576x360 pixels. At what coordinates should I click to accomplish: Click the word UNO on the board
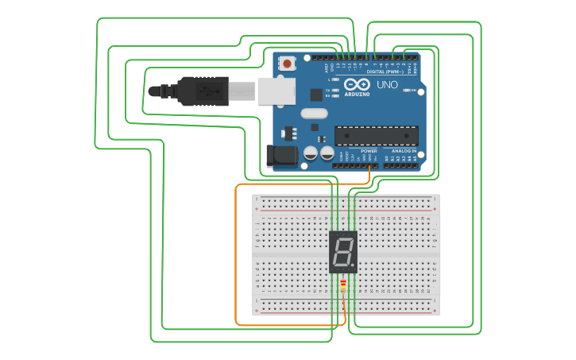point(387,85)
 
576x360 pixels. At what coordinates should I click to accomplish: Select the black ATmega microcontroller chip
point(376,136)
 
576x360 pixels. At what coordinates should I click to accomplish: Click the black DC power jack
point(280,156)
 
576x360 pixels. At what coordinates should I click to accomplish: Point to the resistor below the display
point(343,285)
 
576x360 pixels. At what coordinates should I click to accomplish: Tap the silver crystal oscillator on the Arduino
point(314,114)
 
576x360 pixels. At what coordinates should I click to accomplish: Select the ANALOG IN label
point(403,150)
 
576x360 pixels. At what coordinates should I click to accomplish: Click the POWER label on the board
point(369,150)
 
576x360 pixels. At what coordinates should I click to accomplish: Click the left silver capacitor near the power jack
point(311,153)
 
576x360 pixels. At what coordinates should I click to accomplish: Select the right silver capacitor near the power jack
point(327,153)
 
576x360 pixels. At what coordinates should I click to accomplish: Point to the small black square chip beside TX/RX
point(316,95)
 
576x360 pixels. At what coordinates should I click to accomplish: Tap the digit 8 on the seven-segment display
point(342,253)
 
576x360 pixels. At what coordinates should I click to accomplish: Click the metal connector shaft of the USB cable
point(242,91)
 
